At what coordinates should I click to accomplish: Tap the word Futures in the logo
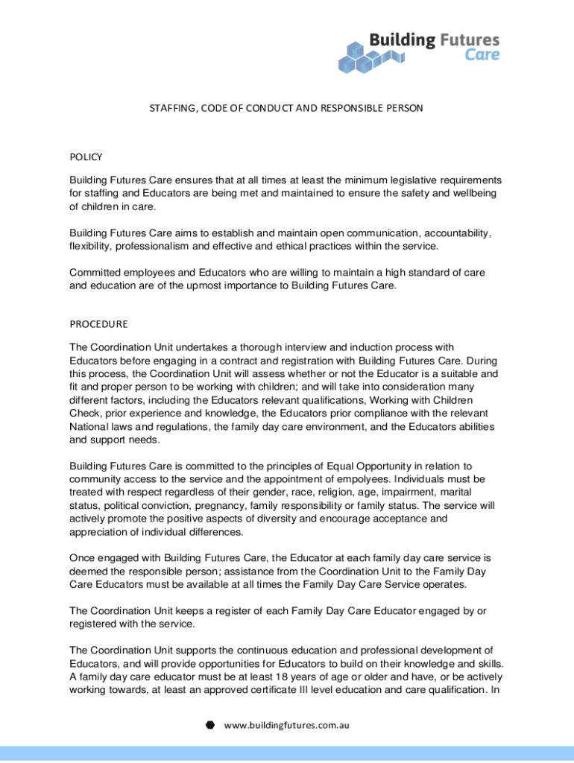coord(461,39)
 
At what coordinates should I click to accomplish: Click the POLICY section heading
coord(86,157)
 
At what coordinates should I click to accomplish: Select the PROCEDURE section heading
coord(98,324)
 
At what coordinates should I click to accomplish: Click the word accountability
coord(453,233)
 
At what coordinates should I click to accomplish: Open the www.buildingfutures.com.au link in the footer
coord(287,724)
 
